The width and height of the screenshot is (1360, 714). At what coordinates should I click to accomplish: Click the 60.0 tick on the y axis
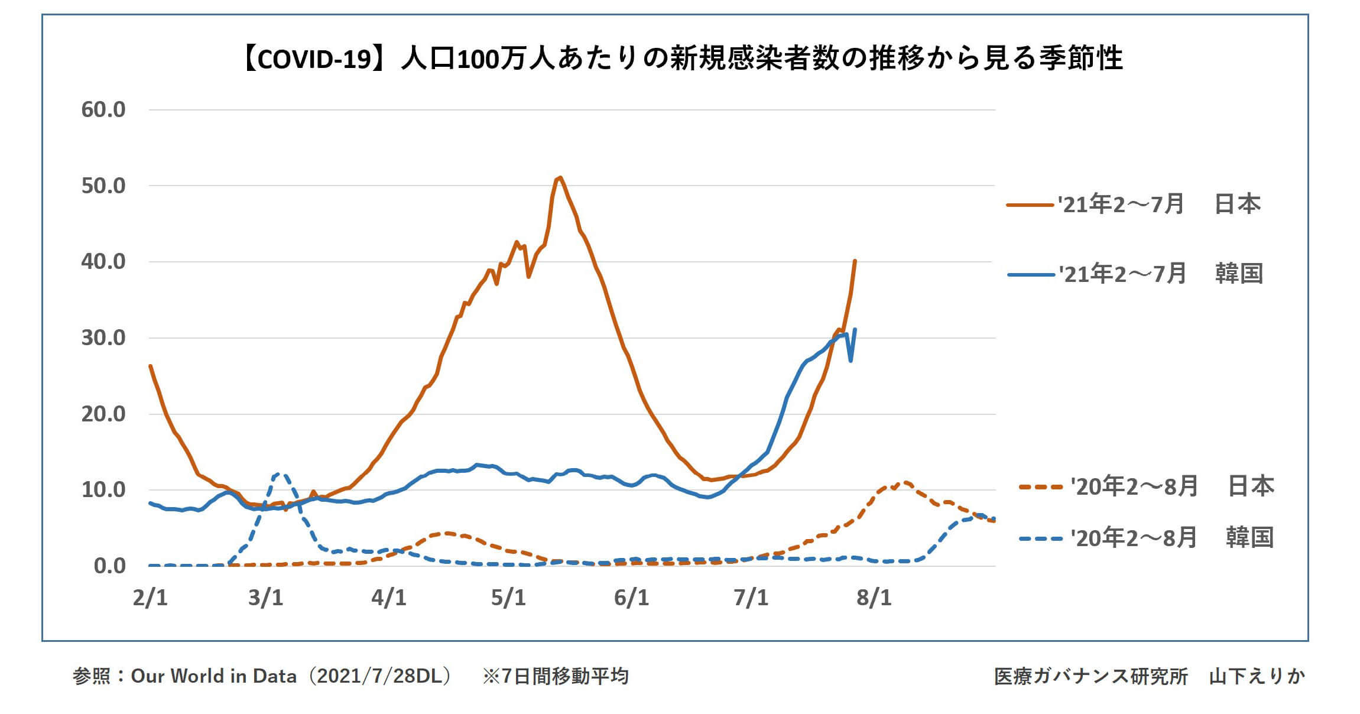pyautogui.click(x=103, y=110)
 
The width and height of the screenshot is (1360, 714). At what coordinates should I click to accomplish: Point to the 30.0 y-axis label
pyautogui.click(x=103, y=338)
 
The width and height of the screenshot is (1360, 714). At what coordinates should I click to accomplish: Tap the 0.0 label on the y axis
pyautogui.click(x=110, y=566)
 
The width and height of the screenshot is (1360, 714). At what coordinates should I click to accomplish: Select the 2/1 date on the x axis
pyautogui.click(x=150, y=598)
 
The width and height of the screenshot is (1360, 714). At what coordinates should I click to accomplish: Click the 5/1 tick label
pyautogui.click(x=508, y=598)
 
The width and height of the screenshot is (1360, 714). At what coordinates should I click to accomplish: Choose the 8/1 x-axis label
pyautogui.click(x=874, y=598)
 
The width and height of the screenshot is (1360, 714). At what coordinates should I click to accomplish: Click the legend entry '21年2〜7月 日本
pyautogui.click(x=1134, y=205)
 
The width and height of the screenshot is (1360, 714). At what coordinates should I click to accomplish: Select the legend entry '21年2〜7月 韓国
pyautogui.click(x=1135, y=274)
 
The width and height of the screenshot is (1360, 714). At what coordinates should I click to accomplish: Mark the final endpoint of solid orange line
pyautogui.click(x=855, y=261)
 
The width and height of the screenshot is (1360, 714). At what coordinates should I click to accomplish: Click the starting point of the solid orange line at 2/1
pyautogui.click(x=150, y=366)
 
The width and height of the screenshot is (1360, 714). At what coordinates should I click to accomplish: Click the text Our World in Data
pyautogui.click(x=213, y=676)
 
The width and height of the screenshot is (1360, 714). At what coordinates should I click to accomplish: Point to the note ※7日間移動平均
pyautogui.click(x=555, y=676)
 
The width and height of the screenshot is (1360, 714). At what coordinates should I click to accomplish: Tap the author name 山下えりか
pyautogui.click(x=1257, y=676)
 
